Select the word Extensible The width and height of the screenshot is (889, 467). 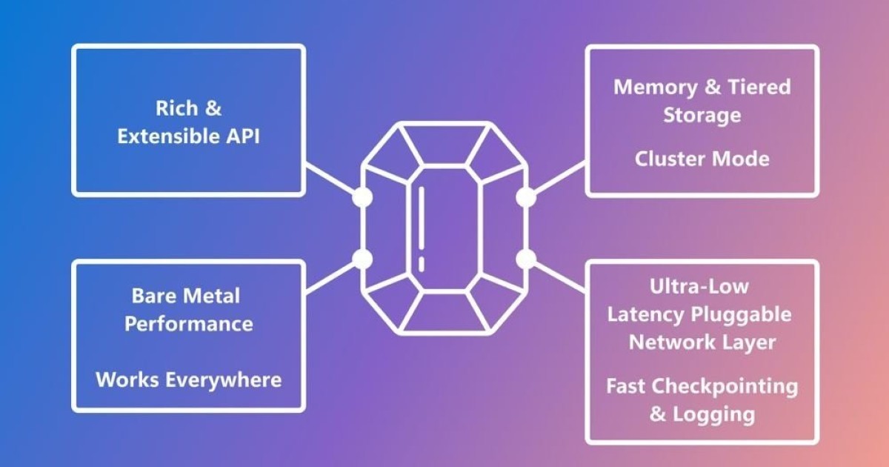169,136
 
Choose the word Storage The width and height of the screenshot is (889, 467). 702,116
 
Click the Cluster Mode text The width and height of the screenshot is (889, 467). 702,159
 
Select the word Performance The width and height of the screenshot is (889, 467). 189,325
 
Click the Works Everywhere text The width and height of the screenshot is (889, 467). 189,380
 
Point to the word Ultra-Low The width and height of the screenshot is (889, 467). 699,286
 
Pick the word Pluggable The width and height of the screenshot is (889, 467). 742,315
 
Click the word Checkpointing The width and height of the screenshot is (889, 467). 725,387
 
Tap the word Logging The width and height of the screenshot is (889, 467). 714,415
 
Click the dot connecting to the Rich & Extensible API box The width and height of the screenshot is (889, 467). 362,197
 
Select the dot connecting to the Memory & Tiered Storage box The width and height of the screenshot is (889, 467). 526,197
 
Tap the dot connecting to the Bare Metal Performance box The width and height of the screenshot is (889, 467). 362,259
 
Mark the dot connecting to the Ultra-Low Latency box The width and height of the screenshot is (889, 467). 526,259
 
